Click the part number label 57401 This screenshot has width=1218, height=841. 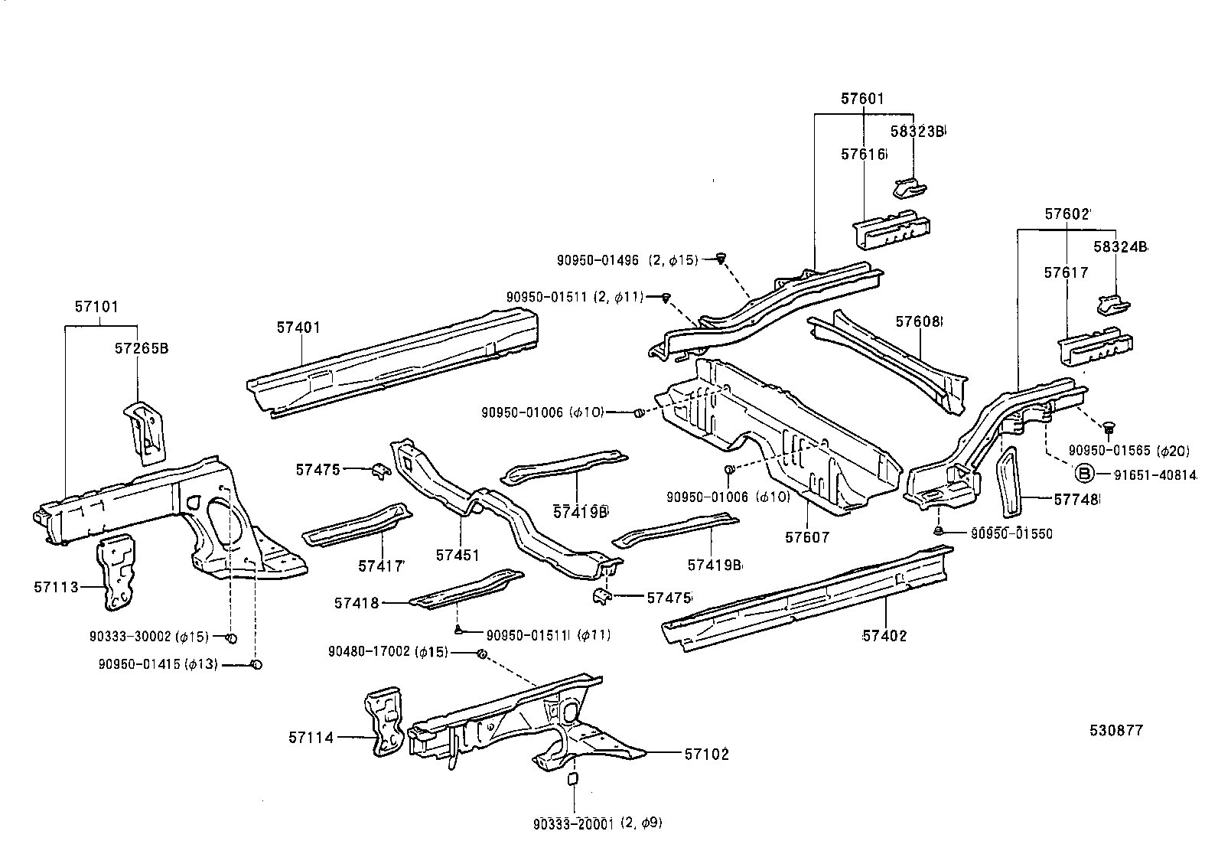298,328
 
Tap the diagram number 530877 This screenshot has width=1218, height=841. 1116,731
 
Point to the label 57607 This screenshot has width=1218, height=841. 807,538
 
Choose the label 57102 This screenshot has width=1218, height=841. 707,755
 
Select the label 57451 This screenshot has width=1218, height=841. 458,555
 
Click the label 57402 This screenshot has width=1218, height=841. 884,635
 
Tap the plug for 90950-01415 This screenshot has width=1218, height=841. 257,664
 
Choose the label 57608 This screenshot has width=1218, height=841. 918,322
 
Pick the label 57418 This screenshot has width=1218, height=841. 357,603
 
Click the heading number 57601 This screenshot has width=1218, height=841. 862,99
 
